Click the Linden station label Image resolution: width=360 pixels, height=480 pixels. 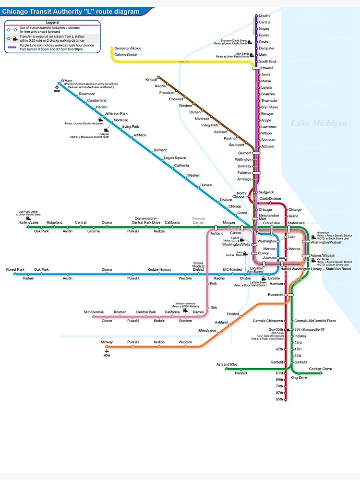[x=264, y=16]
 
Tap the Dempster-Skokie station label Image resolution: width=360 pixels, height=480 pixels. [x=128, y=48]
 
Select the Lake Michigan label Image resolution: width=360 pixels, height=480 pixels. [x=318, y=123]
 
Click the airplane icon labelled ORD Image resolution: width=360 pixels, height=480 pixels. [x=57, y=86]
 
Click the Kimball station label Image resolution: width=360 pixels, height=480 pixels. [x=151, y=79]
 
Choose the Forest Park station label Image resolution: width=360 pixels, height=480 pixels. [x=15, y=270]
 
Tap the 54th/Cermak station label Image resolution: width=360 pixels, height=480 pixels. [x=94, y=312]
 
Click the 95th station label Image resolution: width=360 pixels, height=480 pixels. [x=279, y=399]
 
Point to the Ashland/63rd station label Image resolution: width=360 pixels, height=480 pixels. [x=227, y=365]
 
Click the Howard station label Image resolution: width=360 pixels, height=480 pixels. [x=267, y=68]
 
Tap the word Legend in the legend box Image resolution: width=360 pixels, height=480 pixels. [x=52, y=23]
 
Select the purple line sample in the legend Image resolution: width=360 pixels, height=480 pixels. [x=12, y=47]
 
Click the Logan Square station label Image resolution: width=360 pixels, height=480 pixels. [x=174, y=158]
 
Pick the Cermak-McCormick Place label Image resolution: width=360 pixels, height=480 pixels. [x=315, y=321]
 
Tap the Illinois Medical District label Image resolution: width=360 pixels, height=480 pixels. [x=199, y=266]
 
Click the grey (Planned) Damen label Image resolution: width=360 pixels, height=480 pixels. [x=198, y=221]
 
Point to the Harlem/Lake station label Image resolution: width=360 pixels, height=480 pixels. [x=28, y=222]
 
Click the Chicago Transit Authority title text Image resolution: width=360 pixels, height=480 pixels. [x=71, y=12]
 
